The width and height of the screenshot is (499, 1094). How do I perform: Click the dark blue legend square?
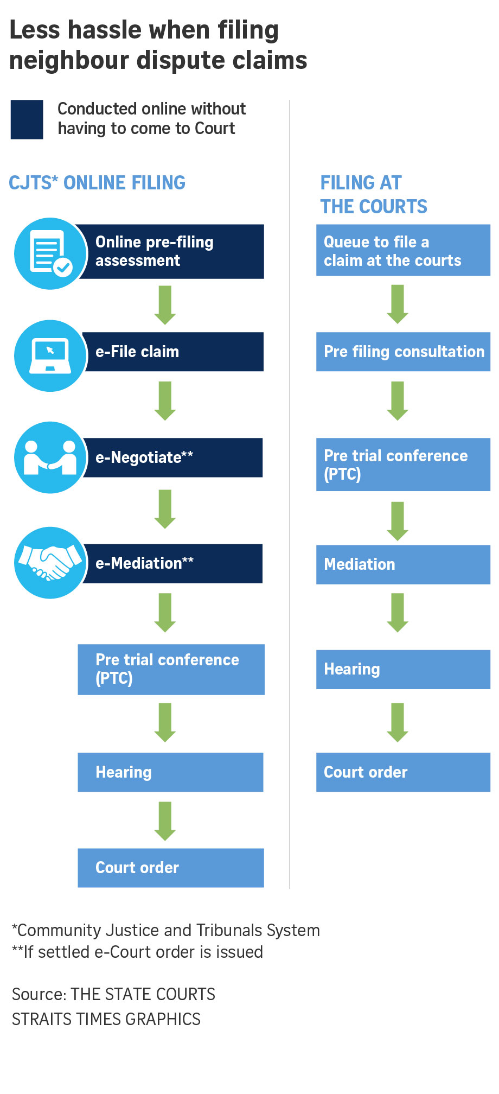(x=27, y=119)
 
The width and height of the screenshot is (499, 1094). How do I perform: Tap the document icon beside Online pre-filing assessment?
(x=50, y=253)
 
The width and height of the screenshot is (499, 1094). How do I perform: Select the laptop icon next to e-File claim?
(x=50, y=355)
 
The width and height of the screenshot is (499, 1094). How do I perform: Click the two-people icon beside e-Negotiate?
(x=50, y=457)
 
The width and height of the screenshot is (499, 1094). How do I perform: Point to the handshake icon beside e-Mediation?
(x=50, y=563)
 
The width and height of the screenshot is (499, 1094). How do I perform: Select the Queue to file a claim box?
(x=402, y=251)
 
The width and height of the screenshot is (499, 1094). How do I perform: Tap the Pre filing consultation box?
(x=402, y=352)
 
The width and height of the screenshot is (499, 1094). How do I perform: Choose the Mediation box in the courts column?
(x=402, y=564)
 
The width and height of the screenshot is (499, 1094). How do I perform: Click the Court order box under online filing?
(x=170, y=868)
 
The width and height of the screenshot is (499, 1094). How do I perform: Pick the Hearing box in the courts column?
(x=402, y=669)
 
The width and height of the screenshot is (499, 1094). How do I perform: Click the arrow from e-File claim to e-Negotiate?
(x=165, y=400)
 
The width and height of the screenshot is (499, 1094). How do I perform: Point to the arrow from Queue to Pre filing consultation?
(x=398, y=304)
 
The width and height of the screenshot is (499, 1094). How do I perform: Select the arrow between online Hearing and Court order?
(x=165, y=820)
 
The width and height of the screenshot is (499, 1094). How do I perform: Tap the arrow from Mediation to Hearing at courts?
(x=398, y=612)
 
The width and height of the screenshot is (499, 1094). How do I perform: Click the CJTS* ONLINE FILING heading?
(x=97, y=183)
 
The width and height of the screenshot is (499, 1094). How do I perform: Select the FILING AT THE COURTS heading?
(x=374, y=195)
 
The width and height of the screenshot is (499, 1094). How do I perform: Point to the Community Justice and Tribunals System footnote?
(x=166, y=930)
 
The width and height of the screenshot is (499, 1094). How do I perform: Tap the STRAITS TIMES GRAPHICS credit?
(x=106, y=1019)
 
